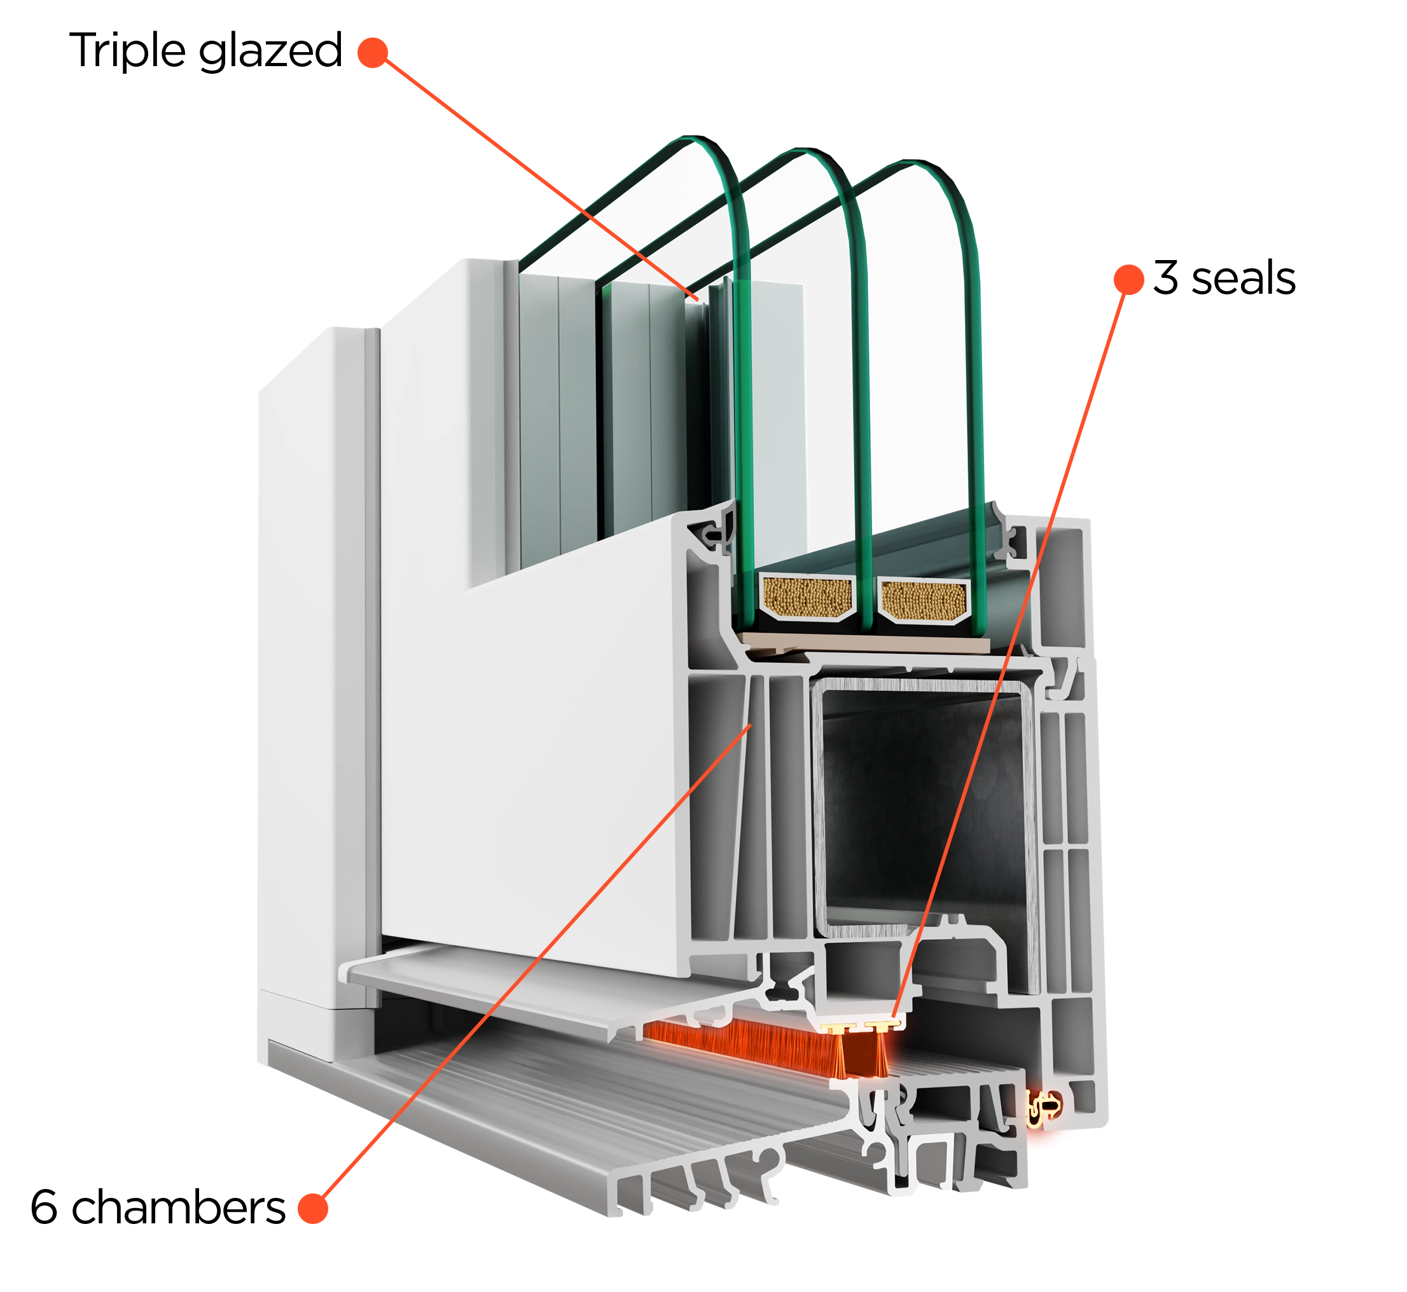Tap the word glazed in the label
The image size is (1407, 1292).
click(x=270, y=52)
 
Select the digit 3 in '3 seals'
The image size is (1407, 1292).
click(x=1166, y=278)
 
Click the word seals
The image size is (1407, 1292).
click(x=1244, y=278)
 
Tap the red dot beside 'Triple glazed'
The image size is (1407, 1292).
click(x=373, y=52)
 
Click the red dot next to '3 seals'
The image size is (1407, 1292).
click(x=1128, y=279)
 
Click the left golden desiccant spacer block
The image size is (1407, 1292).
click(x=808, y=598)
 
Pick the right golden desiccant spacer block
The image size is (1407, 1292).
click(x=924, y=600)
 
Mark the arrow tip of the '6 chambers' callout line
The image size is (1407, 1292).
click(x=751, y=725)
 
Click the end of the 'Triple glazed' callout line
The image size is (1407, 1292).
click(x=697, y=300)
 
